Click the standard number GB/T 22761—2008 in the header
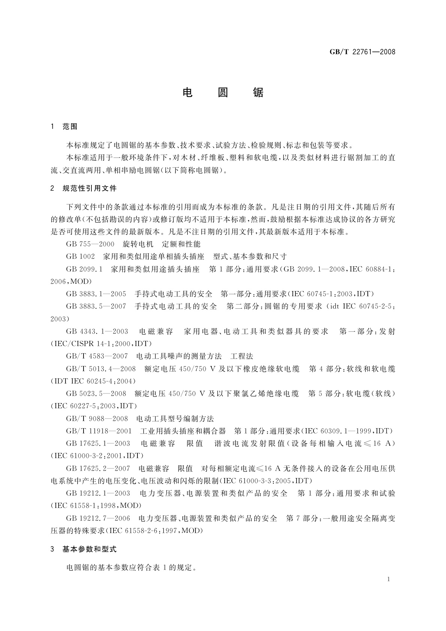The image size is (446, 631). pyautogui.click(x=362, y=52)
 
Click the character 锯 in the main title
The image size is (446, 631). pyautogui.click(x=258, y=93)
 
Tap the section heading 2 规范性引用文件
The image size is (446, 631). pyautogui.click(x=84, y=188)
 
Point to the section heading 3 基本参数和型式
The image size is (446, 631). pyautogui.click(x=84, y=549)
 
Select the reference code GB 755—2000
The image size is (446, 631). pyautogui.click(x=90, y=244)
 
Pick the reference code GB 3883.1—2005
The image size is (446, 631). pyautogui.click(x=96, y=294)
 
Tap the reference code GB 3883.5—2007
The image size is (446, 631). pyautogui.click(x=96, y=307)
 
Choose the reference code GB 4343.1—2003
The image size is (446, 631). pyautogui.click(x=97, y=332)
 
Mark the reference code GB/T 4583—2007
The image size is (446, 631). pyautogui.click(x=97, y=356)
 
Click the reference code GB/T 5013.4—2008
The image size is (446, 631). pyautogui.click(x=101, y=369)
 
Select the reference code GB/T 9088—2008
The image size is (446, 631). pyautogui.click(x=97, y=419)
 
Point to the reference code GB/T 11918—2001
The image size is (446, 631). pyautogui.click(x=99, y=431)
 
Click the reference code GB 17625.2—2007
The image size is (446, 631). pyautogui.click(x=98, y=468)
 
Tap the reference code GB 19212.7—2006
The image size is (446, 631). pyautogui.click(x=98, y=518)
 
